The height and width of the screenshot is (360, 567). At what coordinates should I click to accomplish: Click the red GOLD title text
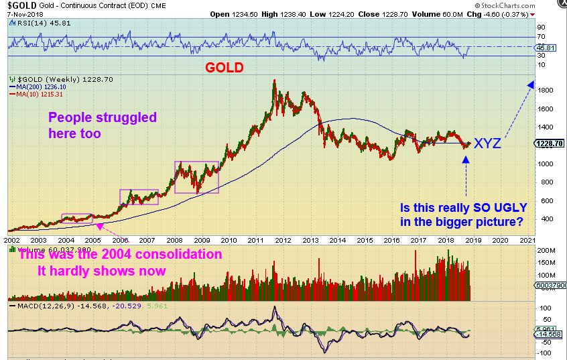(225, 68)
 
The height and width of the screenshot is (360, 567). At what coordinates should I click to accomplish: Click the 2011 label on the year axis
(256, 239)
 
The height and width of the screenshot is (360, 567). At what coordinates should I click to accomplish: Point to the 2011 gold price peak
(274, 80)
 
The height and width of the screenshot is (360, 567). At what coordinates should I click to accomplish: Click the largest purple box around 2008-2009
(197, 177)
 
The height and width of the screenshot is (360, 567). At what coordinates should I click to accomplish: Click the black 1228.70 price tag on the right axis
(550, 143)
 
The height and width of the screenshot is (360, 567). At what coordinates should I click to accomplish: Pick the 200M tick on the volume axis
(545, 250)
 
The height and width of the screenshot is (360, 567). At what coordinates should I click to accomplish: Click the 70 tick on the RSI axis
(541, 36)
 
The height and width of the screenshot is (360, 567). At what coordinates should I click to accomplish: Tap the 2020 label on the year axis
(500, 239)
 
